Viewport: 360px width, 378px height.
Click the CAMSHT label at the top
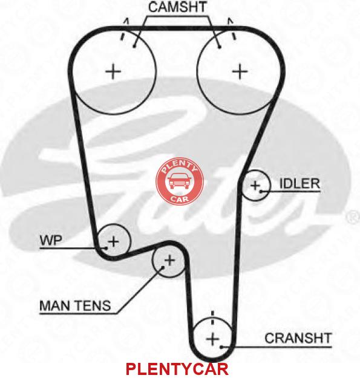[178, 7]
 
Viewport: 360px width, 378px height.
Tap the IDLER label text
[299, 184]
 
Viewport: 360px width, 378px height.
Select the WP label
[51, 240]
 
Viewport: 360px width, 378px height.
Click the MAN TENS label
[75, 305]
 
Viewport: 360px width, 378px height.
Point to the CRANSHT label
[298, 338]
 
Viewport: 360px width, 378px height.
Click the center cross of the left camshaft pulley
[113, 71]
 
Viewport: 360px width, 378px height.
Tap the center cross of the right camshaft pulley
[240, 71]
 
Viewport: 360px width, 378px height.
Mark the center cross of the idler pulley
[255, 186]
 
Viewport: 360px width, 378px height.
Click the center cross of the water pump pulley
[113, 241]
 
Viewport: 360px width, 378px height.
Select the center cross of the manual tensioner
[170, 260]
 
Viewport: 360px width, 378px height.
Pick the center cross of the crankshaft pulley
[213, 339]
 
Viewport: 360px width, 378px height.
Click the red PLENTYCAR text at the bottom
[177, 369]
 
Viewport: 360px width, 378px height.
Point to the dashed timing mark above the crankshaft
[212, 318]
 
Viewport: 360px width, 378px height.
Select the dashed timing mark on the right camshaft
[232, 28]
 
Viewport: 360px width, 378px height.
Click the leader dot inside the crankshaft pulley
[221, 347]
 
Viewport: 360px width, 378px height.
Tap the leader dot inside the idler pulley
[261, 191]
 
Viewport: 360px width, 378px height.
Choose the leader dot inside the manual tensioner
[163, 267]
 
